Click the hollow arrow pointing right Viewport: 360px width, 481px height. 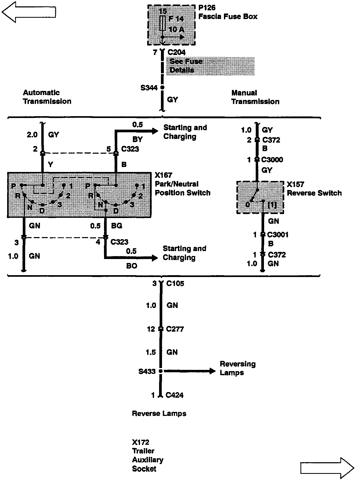click(327, 468)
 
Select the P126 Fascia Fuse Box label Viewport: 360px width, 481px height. click(228, 12)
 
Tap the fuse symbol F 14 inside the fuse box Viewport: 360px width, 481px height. click(163, 23)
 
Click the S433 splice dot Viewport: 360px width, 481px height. click(161, 371)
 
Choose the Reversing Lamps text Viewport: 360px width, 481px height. click(237, 368)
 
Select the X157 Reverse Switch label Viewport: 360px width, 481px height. click(314, 189)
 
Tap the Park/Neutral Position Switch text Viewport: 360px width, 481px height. click(182, 188)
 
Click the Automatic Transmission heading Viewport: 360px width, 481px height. click(47, 97)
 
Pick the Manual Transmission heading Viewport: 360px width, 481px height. click(255, 97)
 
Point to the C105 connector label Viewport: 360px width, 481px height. click(175, 284)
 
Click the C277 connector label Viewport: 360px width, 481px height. click(175, 329)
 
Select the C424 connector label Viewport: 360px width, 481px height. click(174, 395)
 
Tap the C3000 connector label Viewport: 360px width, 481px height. click(272, 160)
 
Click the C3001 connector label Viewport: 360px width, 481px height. click(278, 235)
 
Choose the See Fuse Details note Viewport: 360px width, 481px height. click(186, 66)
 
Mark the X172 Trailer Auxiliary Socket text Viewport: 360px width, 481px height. click(147, 455)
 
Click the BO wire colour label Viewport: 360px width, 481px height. click(132, 266)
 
